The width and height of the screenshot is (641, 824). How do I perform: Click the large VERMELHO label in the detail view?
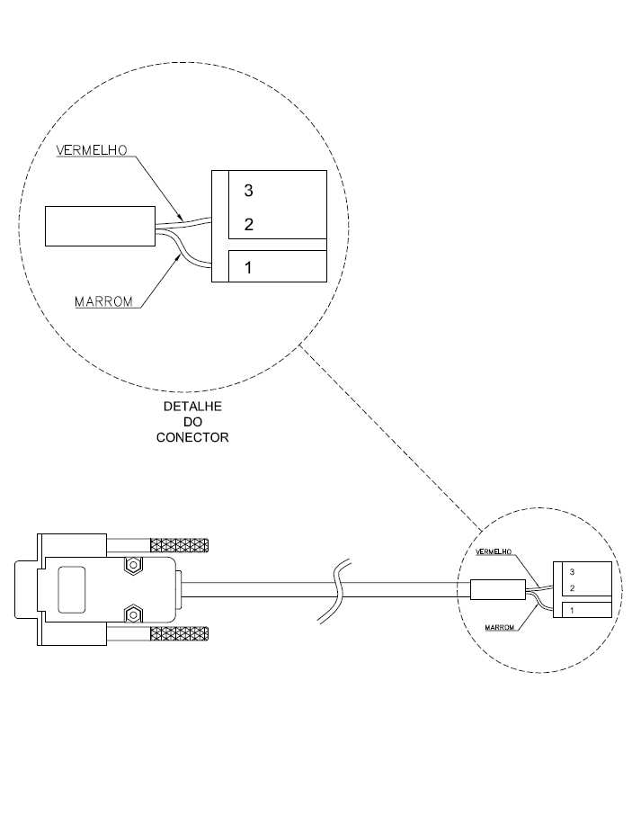click(92, 150)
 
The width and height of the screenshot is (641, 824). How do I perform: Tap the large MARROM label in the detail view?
click(103, 301)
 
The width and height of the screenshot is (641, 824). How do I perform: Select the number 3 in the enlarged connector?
click(248, 190)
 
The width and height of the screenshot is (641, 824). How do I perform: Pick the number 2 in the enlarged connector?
click(249, 224)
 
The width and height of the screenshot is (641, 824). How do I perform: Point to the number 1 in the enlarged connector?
click(248, 267)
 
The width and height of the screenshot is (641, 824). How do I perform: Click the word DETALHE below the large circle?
click(192, 407)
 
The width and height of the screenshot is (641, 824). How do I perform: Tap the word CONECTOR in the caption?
click(192, 437)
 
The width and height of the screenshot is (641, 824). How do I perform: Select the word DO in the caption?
click(192, 422)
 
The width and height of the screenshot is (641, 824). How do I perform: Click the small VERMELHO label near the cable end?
click(494, 551)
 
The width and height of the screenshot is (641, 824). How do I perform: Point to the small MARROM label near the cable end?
click(499, 628)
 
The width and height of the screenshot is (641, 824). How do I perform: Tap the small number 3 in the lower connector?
click(572, 572)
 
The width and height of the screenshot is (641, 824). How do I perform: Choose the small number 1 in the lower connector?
click(572, 611)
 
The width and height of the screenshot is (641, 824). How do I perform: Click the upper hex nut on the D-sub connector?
click(133, 566)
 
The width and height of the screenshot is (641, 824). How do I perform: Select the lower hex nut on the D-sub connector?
click(133, 614)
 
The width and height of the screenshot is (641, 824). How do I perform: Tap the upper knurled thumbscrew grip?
click(180, 545)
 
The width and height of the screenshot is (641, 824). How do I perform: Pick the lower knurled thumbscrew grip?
click(180, 634)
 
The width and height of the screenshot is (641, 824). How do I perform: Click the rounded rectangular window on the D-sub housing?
click(72, 589)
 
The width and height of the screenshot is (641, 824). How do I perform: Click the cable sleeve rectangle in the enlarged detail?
click(100, 226)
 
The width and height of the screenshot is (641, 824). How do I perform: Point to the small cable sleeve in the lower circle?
click(498, 589)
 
